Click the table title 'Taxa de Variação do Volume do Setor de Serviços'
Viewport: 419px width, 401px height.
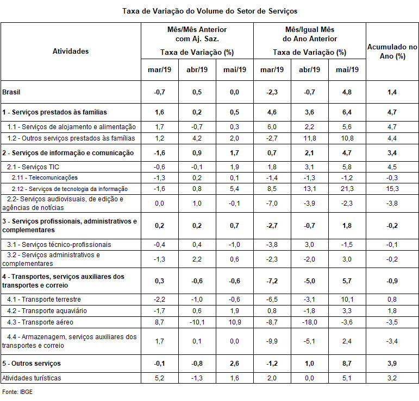pyautogui.click(x=210, y=11)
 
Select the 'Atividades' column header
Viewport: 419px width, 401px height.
pyautogui.click(x=71, y=52)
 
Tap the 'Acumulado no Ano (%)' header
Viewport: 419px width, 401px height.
pyautogui.click(x=392, y=52)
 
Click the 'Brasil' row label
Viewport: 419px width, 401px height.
pyautogui.click(x=12, y=92)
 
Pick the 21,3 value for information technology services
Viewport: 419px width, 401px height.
pyautogui.click(x=347, y=189)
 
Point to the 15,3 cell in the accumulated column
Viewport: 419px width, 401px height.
pyautogui.click(x=392, y=189)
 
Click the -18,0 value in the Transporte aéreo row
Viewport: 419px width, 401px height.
pyautogui.click(x=310, y=322)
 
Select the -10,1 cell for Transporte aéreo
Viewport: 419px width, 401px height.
pyautogui.click(x=197, y=322)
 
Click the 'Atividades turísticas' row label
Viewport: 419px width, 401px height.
pyautogui.click(x=32, y=378)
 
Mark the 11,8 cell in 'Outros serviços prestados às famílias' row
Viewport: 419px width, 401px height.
pyautogui.click(x=310, y=138)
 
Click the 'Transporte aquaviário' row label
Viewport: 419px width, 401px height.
pyautogui.click(x=47, y=311)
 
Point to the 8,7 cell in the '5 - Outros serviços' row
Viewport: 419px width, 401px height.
pyautogui.click(x=347, y=363)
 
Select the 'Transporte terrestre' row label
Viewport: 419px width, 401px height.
pyautogui.click(x=45, y=300)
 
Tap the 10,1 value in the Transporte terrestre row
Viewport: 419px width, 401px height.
pyautogui.click(x=347, y=300)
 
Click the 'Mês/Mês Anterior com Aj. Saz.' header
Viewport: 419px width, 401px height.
pyautogui.click(x=197, y=34)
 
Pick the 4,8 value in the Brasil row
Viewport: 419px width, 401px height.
pyautogui.click(x=347, y=92)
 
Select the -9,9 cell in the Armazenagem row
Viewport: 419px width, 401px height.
pyautogui.click(x=272, y=341)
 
